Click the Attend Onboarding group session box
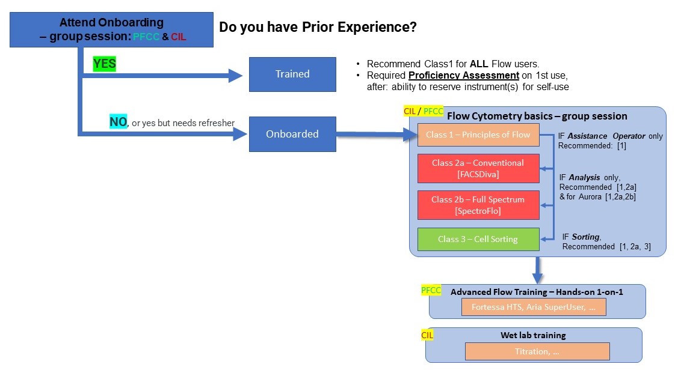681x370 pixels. [x=112, y=30]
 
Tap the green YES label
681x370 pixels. [x=104, y=64]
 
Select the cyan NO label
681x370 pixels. [x=117, y=123]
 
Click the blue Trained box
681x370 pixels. [x=292, y=74]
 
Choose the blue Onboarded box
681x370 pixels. [x=292, y=134]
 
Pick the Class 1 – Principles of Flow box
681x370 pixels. [x=478, y=135]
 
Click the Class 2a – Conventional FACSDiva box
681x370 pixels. [x=478, y=168]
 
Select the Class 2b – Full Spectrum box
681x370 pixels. [x=478, y=205]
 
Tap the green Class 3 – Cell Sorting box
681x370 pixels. [x=478, y=239]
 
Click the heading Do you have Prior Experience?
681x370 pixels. [x=318, y=27]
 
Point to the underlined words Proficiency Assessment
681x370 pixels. [x=463, y=76]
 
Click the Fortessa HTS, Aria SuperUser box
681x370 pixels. [x=533, y=307]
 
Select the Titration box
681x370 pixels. [x=537, y=351]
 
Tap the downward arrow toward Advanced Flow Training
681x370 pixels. [x=537, y=270]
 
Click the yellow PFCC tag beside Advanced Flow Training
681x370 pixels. [x=431, y=290]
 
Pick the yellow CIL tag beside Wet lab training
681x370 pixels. [x=427, y=334]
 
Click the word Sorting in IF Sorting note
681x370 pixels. [x=586, y=237]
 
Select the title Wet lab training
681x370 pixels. [x=533, y=335]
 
